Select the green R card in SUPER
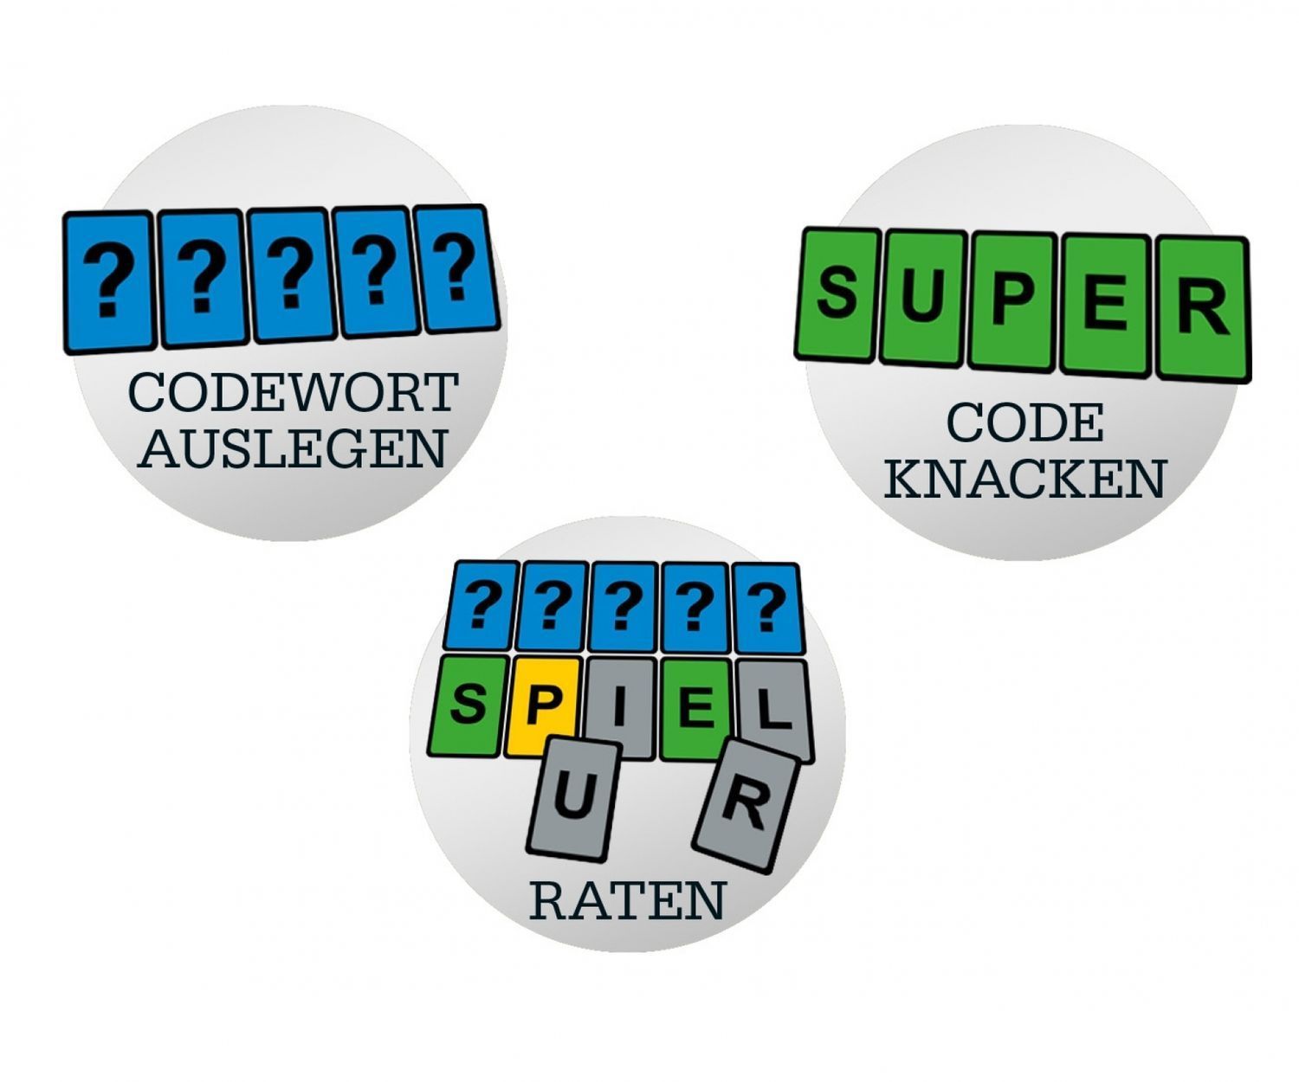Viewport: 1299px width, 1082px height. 1205,308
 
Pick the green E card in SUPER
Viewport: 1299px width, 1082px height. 1105,305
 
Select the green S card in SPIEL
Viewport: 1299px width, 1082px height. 468,707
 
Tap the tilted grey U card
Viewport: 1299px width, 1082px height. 573,801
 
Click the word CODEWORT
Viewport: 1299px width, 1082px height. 293,393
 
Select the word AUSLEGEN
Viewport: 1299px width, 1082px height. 293,448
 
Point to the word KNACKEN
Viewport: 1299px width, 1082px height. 1024,478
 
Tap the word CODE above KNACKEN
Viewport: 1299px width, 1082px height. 1024,423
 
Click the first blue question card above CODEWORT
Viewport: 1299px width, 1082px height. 109,283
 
